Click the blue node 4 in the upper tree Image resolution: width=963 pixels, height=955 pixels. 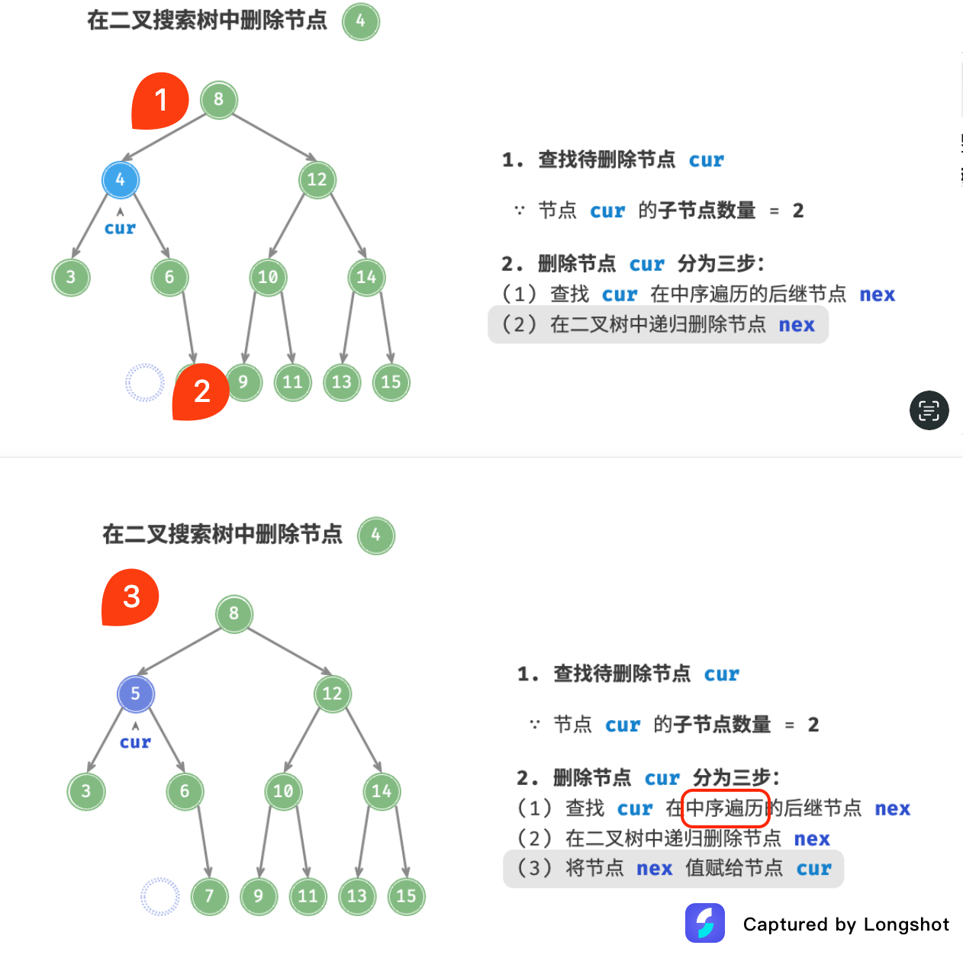tap(120, 180)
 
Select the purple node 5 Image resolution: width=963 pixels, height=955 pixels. tap(135, 694)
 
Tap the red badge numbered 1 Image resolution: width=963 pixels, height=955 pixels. tap(160, 101)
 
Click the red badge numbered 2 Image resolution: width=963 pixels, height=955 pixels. tap(201, 392)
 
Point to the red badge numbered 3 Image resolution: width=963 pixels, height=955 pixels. tap(130, 597)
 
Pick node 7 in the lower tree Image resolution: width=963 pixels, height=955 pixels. tap(209, 896)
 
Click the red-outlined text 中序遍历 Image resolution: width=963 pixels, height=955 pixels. tap(724, 808)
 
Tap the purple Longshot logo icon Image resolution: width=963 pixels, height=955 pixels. tap(704, 923)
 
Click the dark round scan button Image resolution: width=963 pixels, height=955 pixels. tap(929, 410)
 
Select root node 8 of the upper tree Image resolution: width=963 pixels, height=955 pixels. tap(219, 100)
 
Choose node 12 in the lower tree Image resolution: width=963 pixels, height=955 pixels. tap(332, 694)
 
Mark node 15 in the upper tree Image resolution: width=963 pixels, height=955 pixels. tap(391, 382)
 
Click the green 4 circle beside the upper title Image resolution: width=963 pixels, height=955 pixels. tap(361, 21)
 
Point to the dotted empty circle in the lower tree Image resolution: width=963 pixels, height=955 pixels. tap(160, 896)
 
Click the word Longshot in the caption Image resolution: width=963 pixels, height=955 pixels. tap(907, 924)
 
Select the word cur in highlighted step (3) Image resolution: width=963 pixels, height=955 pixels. tap(813, 869)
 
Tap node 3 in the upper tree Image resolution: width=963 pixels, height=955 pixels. tap(71, 277)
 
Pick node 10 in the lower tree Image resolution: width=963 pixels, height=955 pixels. tap(283, 791)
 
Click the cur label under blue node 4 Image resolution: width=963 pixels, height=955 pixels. tap(120, 228)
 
